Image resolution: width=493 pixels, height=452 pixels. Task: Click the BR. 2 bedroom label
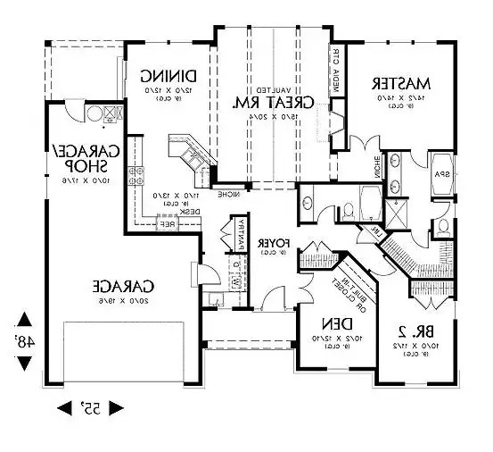tap(409, 326)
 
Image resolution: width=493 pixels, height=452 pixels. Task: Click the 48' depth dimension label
tap(24, 340)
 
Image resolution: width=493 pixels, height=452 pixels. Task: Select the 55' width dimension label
tap(90, 408)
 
